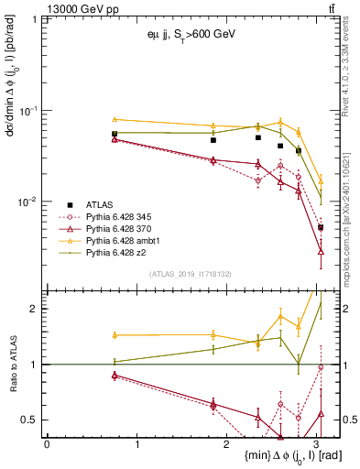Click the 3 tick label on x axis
click(x=316, y=444)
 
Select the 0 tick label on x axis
click(x=47, y=444)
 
